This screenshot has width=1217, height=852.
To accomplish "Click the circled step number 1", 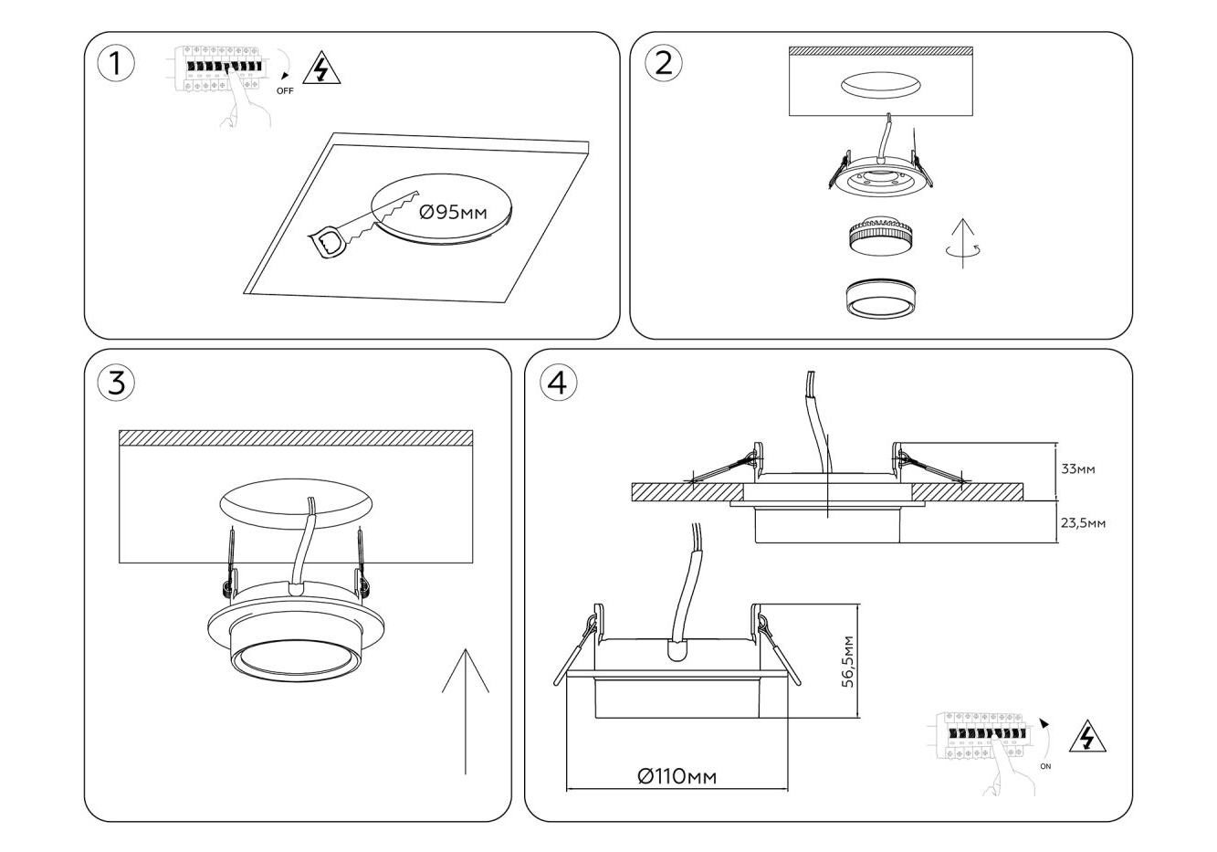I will click(x=115, y=63).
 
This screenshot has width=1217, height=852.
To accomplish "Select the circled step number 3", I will click(x=116, y=383).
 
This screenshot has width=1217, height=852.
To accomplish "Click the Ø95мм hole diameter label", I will click(x=452, y=214).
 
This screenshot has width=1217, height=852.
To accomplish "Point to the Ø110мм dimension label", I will click(x=677, y=776).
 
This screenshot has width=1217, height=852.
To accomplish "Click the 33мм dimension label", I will click(x=1079, y=469).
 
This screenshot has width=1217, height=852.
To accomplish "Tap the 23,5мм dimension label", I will click(x=1082, y=523).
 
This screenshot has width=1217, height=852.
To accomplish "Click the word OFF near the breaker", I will click(x=285, y=91).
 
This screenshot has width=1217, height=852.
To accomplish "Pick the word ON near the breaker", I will click(x=1045, y=766).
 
